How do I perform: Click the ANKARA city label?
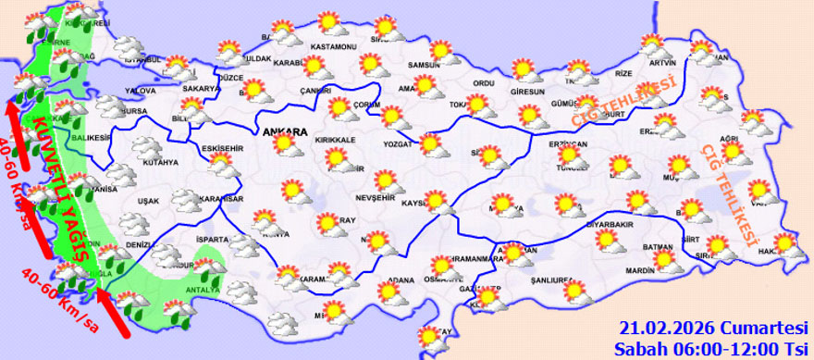click(x=285, y=133)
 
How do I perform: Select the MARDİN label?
click(x=638, y=271)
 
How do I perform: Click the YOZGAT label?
click(x=401, y=145)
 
